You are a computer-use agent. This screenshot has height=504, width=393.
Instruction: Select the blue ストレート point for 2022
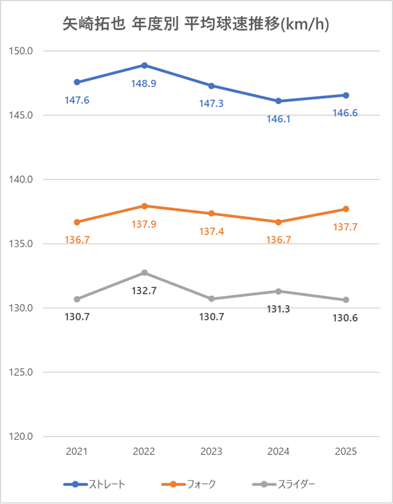[x=144, y=65]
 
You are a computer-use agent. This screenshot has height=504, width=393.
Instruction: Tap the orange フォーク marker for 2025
[x=346, y=209]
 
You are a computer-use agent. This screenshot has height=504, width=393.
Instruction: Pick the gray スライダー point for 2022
[x=144, y=272]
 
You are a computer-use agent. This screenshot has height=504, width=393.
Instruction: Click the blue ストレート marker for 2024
[x=279, y=101]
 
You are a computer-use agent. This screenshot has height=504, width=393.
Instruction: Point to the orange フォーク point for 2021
[x=77, y=222]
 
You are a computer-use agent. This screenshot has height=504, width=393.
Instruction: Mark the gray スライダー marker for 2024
[x=279, y=291]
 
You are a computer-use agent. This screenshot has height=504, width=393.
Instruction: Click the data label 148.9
[x=144, y=83]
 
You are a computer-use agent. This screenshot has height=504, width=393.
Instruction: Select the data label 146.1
[x=279, y=119]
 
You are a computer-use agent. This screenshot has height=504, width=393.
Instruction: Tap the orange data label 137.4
[x=212, y=231]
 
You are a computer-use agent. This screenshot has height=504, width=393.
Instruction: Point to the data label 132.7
[x=144, y=290]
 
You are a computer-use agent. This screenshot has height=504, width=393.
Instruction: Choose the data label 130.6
[x=346, y=318]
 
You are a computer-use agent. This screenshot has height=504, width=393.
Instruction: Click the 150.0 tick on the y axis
[x=22, y=51]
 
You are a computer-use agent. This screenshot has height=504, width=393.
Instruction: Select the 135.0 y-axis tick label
[x=22, y=244]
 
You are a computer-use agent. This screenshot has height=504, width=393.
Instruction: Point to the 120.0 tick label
[x=22, y=436]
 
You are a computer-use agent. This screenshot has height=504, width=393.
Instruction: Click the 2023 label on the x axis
[x=211, y=451]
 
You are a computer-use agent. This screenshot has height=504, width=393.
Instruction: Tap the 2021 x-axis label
[x=77, y=451]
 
